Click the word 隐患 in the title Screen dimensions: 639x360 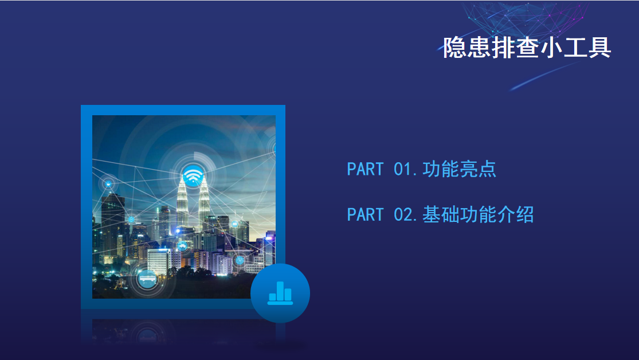pos(467,48)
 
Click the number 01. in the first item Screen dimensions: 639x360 pos(406,169)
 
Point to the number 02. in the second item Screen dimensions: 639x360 pos(406,215)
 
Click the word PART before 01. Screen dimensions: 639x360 pos(365,169)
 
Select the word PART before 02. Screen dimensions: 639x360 pos(365,215)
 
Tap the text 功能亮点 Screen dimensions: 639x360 pos(459,169)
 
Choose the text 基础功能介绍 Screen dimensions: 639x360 pos(478,215)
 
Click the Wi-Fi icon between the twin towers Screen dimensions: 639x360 pos(193,176)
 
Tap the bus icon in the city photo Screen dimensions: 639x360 pos(147,279)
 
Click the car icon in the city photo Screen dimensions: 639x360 pos(182,246)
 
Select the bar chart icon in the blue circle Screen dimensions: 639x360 pos(280,293)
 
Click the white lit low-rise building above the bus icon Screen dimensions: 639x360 pos(159,261)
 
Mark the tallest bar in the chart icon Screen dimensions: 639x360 pos(280,291)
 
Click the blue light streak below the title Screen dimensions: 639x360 pos(544,76)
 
